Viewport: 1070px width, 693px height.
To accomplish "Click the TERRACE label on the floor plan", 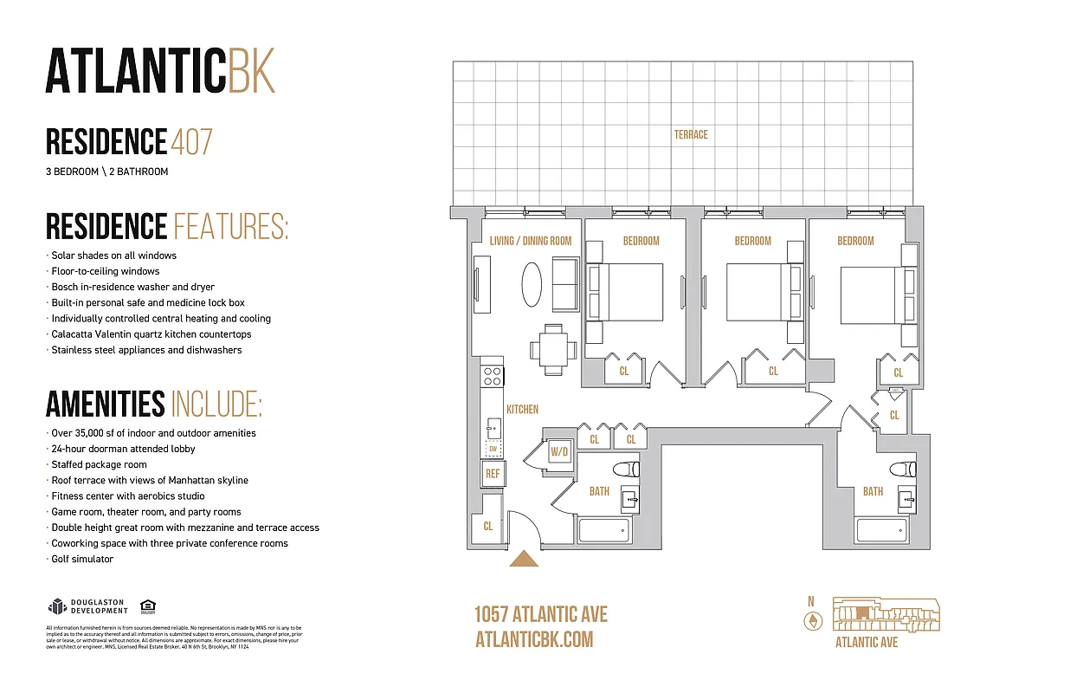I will (x=691, y=134).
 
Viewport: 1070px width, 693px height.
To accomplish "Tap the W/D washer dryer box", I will (x=559, y=451).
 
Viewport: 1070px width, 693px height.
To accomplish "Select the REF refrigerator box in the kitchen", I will (x=493, y=474).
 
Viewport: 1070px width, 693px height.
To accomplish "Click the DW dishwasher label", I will (x=493, y=448).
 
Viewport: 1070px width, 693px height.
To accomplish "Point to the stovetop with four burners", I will (x=493, y=376).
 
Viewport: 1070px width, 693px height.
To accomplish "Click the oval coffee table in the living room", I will (x=533, y=283).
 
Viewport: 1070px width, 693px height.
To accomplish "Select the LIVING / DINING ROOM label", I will (x=530, y=241).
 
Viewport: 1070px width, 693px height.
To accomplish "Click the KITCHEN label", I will (x=522, y=409).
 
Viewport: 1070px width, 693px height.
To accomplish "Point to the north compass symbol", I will (x=811, y=620).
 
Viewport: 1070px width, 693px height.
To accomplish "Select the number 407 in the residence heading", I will (x=191, y=141).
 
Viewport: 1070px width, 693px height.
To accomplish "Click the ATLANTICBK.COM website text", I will (x=534, y=639).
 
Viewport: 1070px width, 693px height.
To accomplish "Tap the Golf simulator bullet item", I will (x=81, y=559).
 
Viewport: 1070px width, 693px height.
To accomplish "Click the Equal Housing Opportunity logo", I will (x=147, y=606).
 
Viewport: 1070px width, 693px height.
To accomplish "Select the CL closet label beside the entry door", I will (x=488, y=525).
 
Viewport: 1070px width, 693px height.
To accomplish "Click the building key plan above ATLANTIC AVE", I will (x=885, y=614).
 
